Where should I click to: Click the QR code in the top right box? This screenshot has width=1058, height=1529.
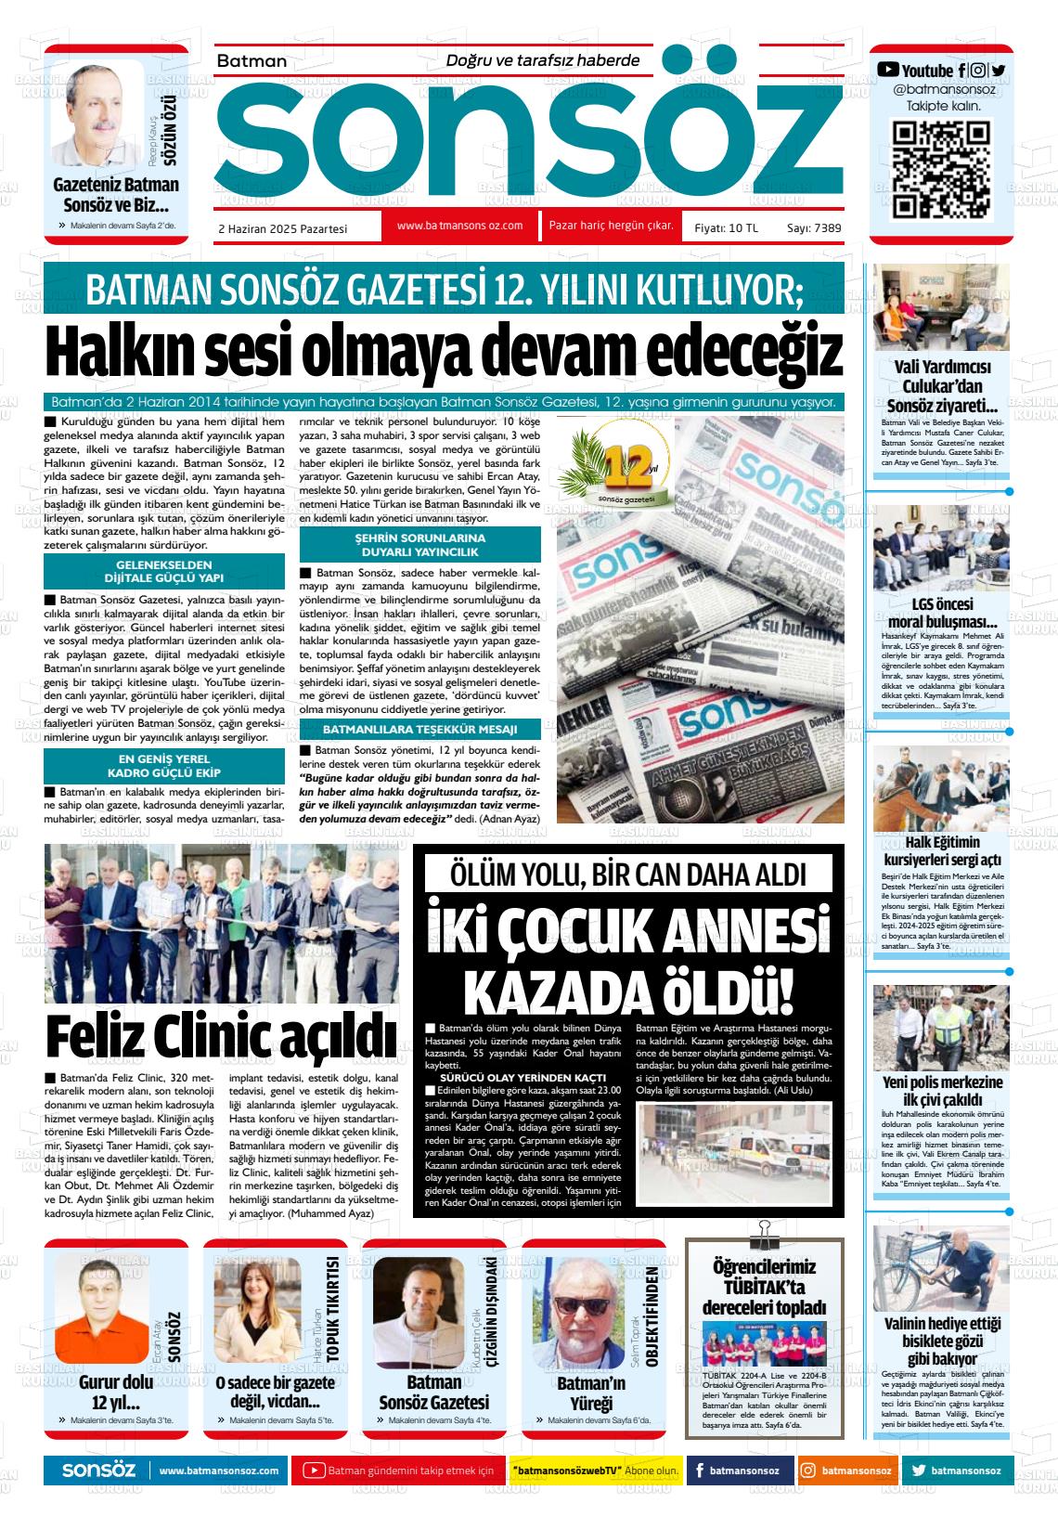tap(941, 171)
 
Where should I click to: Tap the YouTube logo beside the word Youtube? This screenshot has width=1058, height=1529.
tap(888, 70)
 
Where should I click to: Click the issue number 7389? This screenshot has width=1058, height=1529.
tap(827, 227)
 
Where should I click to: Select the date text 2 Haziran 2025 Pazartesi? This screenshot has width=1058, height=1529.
tap(281, 227)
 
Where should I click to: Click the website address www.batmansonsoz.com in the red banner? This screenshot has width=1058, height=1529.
tap(459, 226)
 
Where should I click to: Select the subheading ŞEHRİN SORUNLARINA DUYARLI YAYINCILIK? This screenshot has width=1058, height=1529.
tap(419, 544)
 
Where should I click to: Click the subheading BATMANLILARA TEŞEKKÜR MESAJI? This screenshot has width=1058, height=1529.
tap(419, 729)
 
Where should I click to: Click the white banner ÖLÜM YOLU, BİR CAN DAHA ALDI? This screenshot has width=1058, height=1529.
tap(628, 874)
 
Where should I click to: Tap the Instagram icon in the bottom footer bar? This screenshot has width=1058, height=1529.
tap(808, 1471)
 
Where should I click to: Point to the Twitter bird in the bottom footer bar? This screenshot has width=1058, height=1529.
tap(918, 1471)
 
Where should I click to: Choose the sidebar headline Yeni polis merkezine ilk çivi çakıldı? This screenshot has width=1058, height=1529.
tap(941, 1092)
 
